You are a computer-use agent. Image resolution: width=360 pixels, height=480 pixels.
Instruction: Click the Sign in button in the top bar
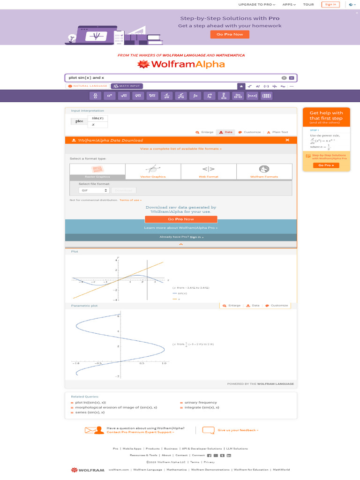click(330, 4)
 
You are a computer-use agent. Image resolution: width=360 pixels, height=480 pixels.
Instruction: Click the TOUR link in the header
click(308, 4)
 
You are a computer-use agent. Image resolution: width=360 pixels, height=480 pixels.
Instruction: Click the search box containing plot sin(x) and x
click(173, 78)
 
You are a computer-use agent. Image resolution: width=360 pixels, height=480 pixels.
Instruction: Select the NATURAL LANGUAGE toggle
click(88, 86)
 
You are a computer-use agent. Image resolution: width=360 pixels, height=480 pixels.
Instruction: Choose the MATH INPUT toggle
click(127, 86)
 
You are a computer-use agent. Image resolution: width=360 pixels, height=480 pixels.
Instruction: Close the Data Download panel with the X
click(287, 140)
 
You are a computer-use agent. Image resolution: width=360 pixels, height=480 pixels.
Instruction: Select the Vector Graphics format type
click(153, 172)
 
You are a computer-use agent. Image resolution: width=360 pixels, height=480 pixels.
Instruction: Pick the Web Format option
click(209, 172)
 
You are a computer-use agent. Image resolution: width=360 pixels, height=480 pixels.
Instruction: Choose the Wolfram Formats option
click(264, 172)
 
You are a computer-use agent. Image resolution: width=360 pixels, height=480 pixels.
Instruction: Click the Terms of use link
click(130, 200)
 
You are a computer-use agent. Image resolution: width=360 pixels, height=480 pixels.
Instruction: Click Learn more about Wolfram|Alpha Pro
click(181, 228)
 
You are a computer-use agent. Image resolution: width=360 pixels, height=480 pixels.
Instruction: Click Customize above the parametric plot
click(277, 306)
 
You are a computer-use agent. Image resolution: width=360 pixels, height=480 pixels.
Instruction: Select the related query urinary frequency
click(201, 403)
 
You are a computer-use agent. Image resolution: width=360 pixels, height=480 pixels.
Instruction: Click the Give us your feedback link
click(238, 430)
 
